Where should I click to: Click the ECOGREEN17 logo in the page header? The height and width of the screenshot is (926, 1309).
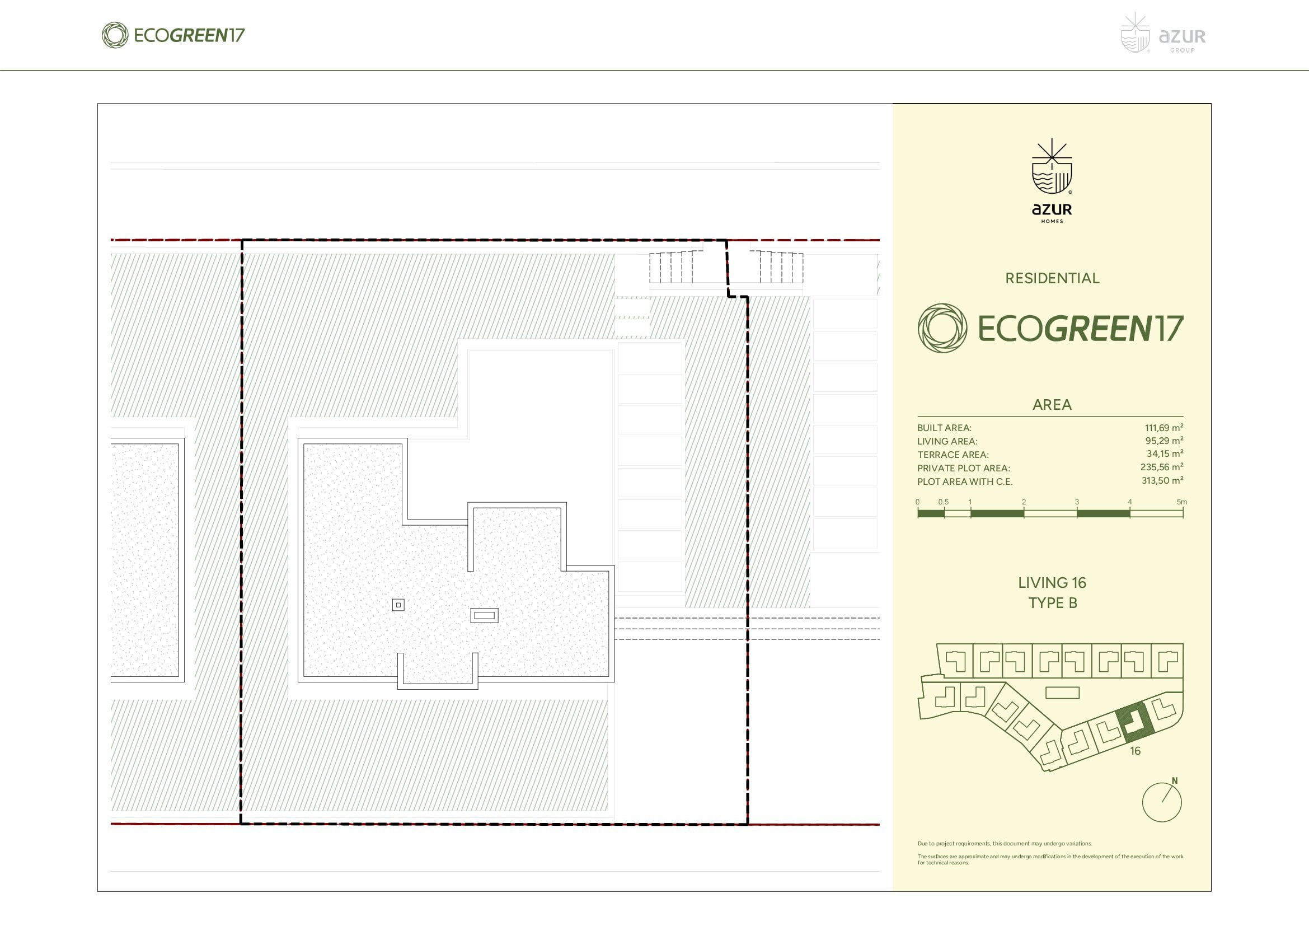(173, 35)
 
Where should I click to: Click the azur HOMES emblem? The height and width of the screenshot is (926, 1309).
(1052, 181)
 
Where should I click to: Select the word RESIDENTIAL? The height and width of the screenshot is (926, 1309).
(1052, 278)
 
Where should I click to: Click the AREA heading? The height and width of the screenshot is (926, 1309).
(1052, 405)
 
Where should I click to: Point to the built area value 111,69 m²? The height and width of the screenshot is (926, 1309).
(1163, 428)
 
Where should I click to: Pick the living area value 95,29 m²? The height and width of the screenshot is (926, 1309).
(1164, 441)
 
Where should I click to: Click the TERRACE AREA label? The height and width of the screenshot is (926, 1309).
(953, 455)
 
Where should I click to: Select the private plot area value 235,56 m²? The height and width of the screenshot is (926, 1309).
(1162, 467)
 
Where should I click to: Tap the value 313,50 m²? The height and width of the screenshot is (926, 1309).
(1162, 481)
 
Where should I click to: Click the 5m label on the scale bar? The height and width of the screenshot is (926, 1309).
(1182, 502)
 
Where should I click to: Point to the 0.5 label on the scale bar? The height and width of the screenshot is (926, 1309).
(944, 502)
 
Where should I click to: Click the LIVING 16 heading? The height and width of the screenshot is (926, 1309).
(1052, 583)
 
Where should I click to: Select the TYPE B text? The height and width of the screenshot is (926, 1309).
(1053, 603)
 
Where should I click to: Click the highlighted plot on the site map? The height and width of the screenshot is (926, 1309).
(1136, 722)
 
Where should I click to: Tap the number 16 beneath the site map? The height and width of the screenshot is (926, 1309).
(1135, 751)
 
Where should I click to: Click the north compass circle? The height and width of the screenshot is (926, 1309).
(1162, 802)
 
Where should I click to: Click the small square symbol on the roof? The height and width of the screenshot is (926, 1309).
(398, 605)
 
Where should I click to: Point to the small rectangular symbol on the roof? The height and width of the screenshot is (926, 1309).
(484, 615)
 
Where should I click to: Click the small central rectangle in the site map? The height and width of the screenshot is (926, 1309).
(1062, 693)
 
